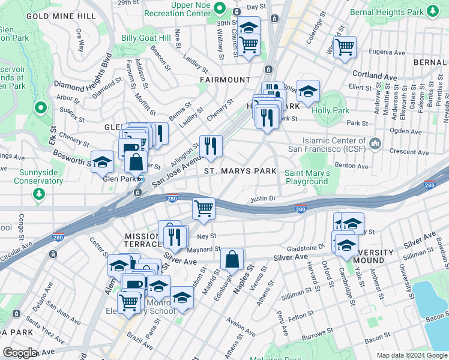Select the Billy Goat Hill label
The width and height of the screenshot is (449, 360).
146,38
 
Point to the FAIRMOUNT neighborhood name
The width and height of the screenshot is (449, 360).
225,79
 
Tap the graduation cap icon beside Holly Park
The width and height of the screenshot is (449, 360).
308,91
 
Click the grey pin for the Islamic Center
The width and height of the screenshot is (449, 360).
376,143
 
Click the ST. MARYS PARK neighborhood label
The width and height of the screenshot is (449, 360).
240,171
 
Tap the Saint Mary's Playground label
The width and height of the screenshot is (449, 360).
307,177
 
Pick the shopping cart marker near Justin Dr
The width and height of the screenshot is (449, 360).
203,209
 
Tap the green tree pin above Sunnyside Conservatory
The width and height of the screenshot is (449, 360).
39,194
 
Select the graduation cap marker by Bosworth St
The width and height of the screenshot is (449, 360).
103,161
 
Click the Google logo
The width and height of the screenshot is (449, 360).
20,353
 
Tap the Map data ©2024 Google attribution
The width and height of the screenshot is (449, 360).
412,355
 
